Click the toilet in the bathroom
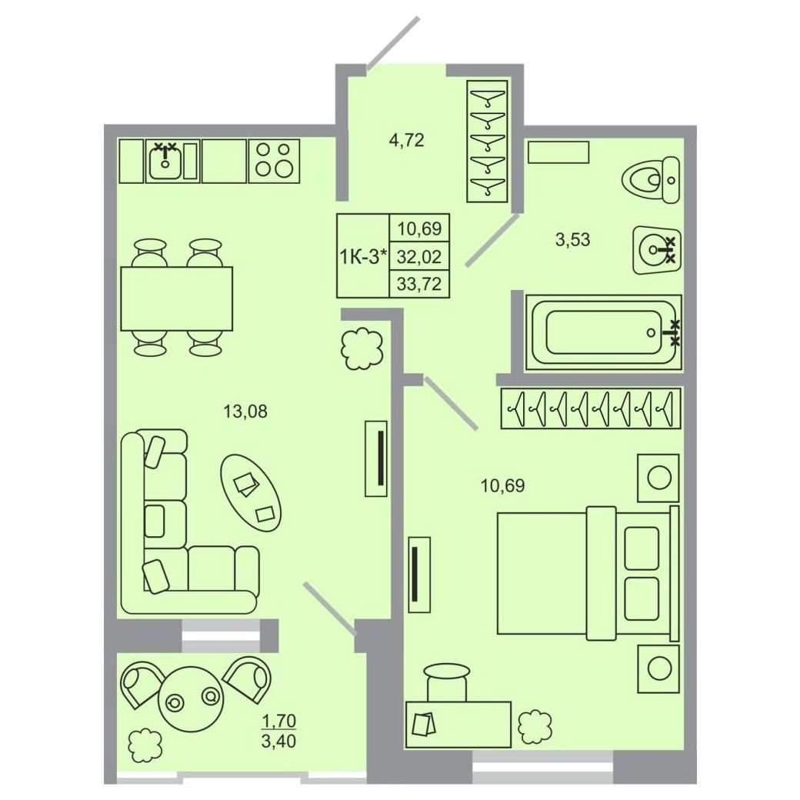pyautogui.click(x=652, y=179)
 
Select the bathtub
pyautogui.click(x=604, y=332)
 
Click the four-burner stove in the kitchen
pyautogui.click(x=274, y=161)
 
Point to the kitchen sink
pyautogui.click(x=165, y=161)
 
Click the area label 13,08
pyautogui.click(x=245, y=412)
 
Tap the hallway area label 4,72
pyautogui.click(x=407, y=140)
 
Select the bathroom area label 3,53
pyautogui.click(x=572, y=238)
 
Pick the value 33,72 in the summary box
pyautogui.click(x=419, y=283)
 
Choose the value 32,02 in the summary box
pyautogui.click(x=419, y=256)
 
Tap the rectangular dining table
pyautogui.click(x=176, y=298)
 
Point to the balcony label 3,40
pyautogui.click(x=278, y=740)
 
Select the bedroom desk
pyautogui.click(x=458, y=725)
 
